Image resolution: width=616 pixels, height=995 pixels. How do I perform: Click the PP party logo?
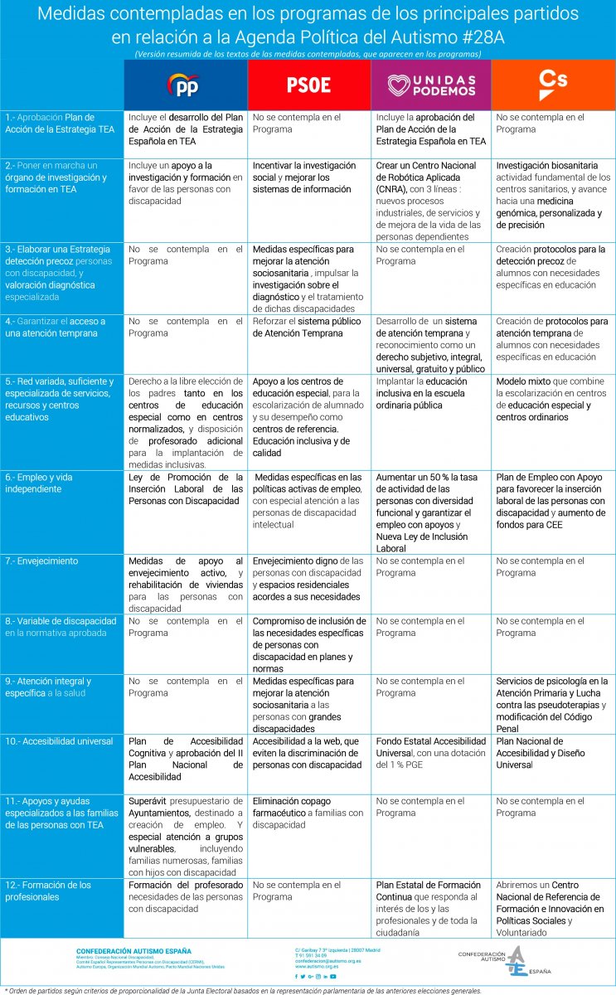(185, 85)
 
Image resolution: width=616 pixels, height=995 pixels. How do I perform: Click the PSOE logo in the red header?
(308, 85)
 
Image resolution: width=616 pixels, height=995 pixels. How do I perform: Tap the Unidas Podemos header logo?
(431, 85)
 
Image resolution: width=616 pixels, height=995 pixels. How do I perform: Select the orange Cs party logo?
(553, 80)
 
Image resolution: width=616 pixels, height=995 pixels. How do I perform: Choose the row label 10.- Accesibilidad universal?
(59, 741)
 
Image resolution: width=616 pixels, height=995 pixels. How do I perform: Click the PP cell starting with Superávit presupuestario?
(186, 837)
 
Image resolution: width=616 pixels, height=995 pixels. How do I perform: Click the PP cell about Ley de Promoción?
(186, 489)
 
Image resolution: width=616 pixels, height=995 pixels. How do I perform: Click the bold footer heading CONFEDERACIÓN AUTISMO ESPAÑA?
(133, 951)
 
